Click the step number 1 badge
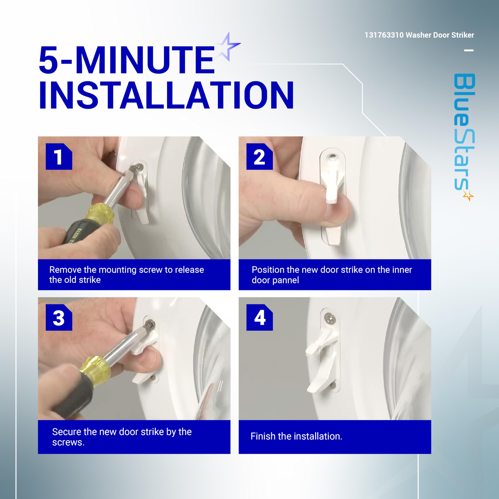59,157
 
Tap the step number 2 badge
260,157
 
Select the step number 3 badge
59,317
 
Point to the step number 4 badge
260,317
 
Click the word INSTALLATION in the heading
166,95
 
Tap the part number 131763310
384,35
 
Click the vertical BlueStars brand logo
464,137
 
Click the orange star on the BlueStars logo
469,196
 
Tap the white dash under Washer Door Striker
469,50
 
